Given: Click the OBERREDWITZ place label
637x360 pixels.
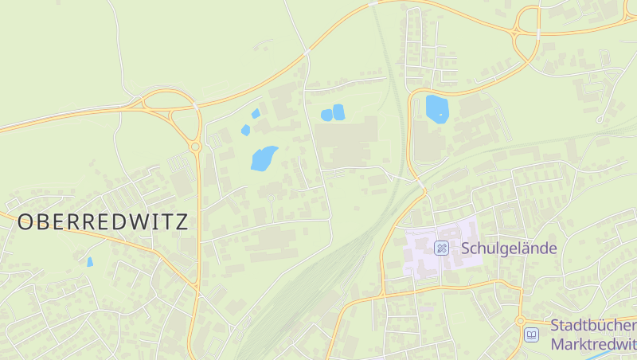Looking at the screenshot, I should [103, 221].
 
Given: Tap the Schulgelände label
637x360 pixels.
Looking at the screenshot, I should [509, 248].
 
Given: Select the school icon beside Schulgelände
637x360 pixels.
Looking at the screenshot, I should [441, 248].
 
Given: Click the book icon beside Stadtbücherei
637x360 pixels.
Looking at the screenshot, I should [531, 335].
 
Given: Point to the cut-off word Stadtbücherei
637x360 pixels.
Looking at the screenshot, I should [593, 327].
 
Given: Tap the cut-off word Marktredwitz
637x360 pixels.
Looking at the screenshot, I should [593, 344].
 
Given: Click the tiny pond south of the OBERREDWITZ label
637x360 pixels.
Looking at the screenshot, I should [90, 261].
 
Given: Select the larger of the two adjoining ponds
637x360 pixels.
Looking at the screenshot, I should [338, 112].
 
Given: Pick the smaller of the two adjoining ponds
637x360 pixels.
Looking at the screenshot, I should [326, 115].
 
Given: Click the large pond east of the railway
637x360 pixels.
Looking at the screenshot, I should [437, 108].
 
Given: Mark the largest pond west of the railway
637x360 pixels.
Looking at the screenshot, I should [264, 158].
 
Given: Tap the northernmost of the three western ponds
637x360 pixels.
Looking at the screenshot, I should [256, 113].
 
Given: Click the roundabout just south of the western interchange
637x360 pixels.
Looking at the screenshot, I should [195, 146].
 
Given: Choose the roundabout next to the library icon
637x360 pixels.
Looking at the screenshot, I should [521, 320].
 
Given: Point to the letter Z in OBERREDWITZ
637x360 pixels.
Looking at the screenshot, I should [182, 221].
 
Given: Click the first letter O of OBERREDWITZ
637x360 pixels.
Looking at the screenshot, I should [25, 221].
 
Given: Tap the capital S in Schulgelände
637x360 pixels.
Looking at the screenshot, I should [466, 248].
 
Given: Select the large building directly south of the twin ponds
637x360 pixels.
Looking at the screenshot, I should [347, 142].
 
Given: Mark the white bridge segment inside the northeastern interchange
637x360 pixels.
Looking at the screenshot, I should [538, 33].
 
